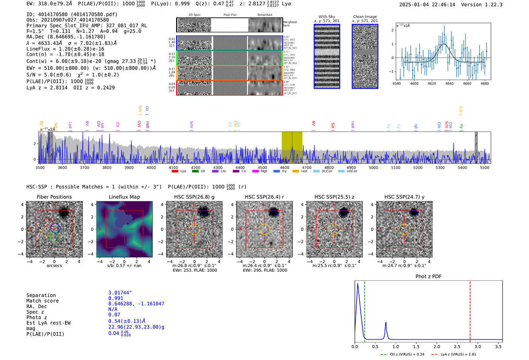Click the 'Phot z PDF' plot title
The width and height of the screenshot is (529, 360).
[428, 277]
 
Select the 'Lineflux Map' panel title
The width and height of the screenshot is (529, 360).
[124, 197]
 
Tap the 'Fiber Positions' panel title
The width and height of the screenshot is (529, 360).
[54, 197]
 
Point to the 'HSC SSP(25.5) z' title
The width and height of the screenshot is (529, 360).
[334, 197]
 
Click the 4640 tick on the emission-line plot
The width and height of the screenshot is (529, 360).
[449, 83]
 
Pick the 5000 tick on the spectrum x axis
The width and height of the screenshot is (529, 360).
[373, 168]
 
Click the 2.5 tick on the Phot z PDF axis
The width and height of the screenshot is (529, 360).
[457, 346]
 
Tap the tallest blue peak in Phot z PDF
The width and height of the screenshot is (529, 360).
[357, 284]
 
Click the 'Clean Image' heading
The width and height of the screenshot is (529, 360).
[365, 17]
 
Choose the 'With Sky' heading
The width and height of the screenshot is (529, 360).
[327, 17]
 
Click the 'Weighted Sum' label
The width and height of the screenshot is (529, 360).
[290, 24]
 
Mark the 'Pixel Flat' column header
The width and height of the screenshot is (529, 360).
[230, 15]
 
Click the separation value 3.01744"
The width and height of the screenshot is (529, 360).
[120, 293]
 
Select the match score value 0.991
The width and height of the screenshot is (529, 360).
[116, 298]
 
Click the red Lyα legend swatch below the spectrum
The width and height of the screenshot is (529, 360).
[175, 172]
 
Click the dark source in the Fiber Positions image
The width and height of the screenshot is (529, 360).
[64, 213]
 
